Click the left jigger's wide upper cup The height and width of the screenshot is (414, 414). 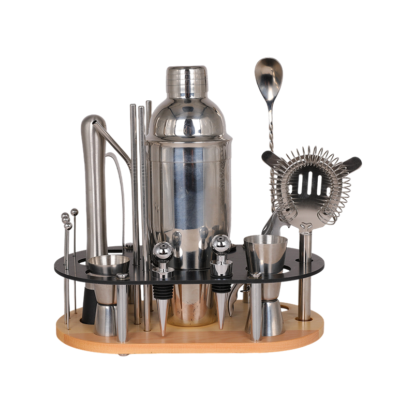click(108, 264)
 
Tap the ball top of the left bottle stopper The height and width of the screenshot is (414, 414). click(162, 251)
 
